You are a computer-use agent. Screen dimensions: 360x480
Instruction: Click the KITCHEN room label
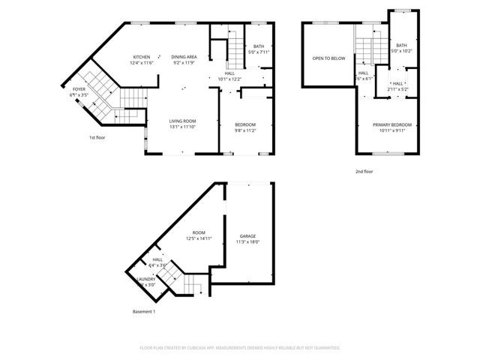[x=142, y=57]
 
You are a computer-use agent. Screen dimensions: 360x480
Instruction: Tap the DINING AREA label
[x=184, y=57]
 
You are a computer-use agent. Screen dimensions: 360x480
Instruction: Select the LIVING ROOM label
[x=182, y=121]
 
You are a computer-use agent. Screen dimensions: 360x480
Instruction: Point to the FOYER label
[x=79, y=89]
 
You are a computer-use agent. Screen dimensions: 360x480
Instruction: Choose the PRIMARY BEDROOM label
[x=392, y=124]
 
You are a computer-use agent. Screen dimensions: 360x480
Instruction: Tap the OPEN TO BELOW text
[x=328, y=58]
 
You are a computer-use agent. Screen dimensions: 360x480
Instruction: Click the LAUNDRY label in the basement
[x=145, y=279]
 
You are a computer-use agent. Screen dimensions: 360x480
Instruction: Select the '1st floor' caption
[x=97, y=138]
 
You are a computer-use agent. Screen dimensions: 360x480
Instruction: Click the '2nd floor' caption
[x=364, y=171]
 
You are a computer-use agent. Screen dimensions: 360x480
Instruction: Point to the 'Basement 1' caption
[x=143, y=311]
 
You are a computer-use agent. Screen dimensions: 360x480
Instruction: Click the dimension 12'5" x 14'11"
[x=199, y=238]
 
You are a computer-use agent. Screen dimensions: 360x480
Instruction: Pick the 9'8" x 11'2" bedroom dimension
[x=245, y=130]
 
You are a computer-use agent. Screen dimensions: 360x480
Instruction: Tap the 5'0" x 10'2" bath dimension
[x=402, y=51]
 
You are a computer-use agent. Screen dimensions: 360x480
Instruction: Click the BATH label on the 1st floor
[x=259, y=46]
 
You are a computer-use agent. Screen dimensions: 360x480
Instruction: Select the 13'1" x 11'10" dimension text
[x=182, y=127]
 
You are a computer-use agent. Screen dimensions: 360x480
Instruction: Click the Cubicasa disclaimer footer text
[x=240, y=348]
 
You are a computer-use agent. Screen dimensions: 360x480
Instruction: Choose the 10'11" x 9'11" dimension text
[x=392, y=130]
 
